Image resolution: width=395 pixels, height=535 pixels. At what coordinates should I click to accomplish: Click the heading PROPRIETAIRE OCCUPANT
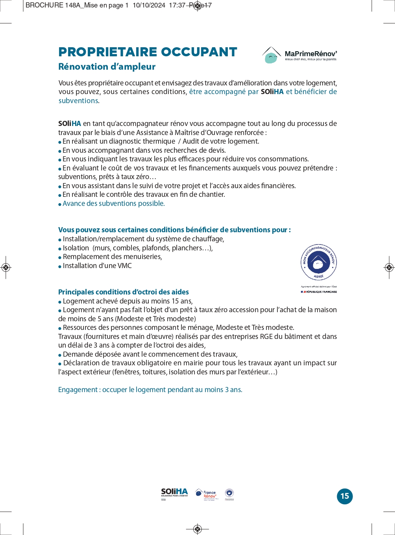[148, 52]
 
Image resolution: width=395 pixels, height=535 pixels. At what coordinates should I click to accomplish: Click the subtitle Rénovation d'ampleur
[107, 67]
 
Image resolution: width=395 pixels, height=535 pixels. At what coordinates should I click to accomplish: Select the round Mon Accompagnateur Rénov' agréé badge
[319, 262]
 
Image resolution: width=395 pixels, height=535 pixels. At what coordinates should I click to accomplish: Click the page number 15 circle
[345, 496]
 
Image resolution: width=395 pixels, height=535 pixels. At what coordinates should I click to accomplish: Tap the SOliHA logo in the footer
[174, 493]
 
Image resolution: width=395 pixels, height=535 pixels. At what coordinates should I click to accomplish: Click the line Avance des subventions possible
[113, 204]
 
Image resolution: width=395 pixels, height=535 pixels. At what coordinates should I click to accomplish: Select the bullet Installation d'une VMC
[97, 266]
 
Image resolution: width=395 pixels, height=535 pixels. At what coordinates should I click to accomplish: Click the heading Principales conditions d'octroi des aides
[123, 292]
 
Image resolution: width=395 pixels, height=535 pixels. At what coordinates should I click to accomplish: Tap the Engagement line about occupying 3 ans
[150, 390]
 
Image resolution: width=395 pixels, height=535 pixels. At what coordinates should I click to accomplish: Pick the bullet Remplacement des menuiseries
[112, 257]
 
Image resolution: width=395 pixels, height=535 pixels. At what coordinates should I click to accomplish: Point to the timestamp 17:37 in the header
[177, 6]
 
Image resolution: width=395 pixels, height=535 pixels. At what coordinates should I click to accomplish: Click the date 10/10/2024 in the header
[149, 6]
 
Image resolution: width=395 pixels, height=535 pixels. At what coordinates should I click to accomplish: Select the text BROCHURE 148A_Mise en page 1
[77, 6]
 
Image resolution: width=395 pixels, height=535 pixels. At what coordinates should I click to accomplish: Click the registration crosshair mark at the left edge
[6, 268]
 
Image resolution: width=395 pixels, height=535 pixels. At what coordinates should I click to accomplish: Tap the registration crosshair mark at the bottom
[197, 529]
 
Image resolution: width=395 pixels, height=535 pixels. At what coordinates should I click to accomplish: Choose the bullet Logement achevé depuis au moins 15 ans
[127, 301]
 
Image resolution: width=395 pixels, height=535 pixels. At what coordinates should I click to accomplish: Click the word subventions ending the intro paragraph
[78, 101]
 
